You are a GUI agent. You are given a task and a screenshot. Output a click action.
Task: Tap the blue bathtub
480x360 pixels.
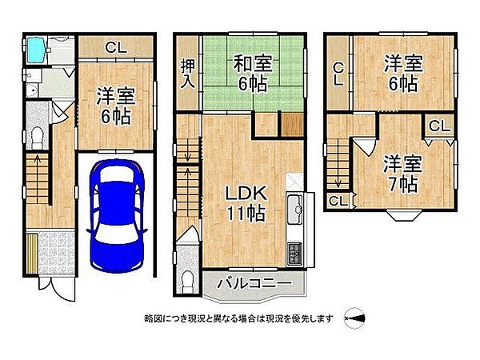pos(36,52)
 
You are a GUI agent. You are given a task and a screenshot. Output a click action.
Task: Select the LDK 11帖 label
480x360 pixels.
pos(245,203)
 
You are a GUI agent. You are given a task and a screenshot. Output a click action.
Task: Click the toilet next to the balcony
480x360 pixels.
pos(186,279)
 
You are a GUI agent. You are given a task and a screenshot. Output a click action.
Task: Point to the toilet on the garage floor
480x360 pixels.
pos(36,137)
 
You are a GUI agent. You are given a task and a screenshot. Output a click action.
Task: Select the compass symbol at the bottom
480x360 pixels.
pos(355,318)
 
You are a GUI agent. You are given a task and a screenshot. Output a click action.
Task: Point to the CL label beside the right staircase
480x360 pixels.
pos(337,202)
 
